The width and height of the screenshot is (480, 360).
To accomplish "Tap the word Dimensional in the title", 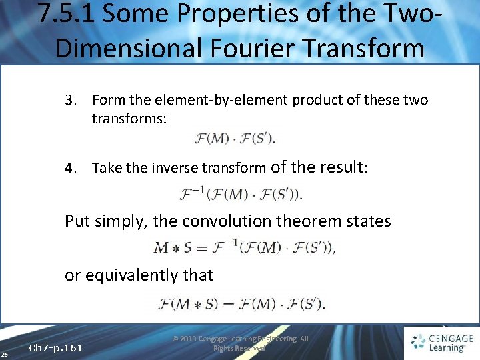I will (x=120, y=48).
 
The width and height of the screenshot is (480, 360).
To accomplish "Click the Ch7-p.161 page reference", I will (x=56, y=348).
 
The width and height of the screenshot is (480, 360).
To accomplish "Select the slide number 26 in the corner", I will (x=5, y=353).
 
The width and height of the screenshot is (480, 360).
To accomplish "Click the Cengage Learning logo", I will (x=441, y=343).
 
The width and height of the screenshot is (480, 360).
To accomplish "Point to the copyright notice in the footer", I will (x=240, y=343).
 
